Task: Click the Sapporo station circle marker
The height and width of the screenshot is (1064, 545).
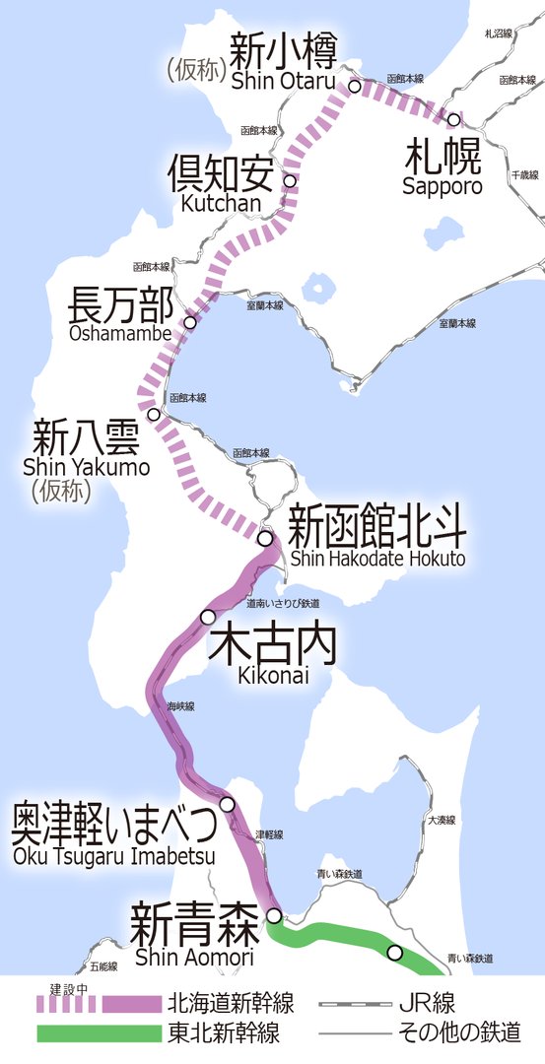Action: point(453,120)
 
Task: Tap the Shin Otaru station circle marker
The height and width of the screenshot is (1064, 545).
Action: point(354,87)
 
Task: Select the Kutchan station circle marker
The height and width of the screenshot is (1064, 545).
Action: point(290,180)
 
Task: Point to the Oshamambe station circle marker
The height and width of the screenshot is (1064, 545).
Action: point(190,322)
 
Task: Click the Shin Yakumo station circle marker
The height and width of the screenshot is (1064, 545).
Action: point(153,415)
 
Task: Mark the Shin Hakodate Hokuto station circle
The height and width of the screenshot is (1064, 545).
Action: point(265,538)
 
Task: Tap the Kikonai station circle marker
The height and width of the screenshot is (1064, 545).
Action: point(208,617)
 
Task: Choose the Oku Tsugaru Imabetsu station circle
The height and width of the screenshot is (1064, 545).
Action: point(228,804)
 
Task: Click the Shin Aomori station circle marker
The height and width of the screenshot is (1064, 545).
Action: point(274,915)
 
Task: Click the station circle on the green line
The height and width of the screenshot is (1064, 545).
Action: point(395,952)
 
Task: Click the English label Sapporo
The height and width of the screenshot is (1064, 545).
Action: point(443,186)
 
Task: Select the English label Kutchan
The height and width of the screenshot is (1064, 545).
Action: point(221,203)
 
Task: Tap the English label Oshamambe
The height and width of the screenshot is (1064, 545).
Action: point(121,334)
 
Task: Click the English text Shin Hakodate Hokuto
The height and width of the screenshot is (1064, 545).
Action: point(376,559)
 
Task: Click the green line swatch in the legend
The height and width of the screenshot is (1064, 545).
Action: point(99,1033)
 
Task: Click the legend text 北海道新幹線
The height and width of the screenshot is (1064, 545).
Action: point(232,1004)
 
